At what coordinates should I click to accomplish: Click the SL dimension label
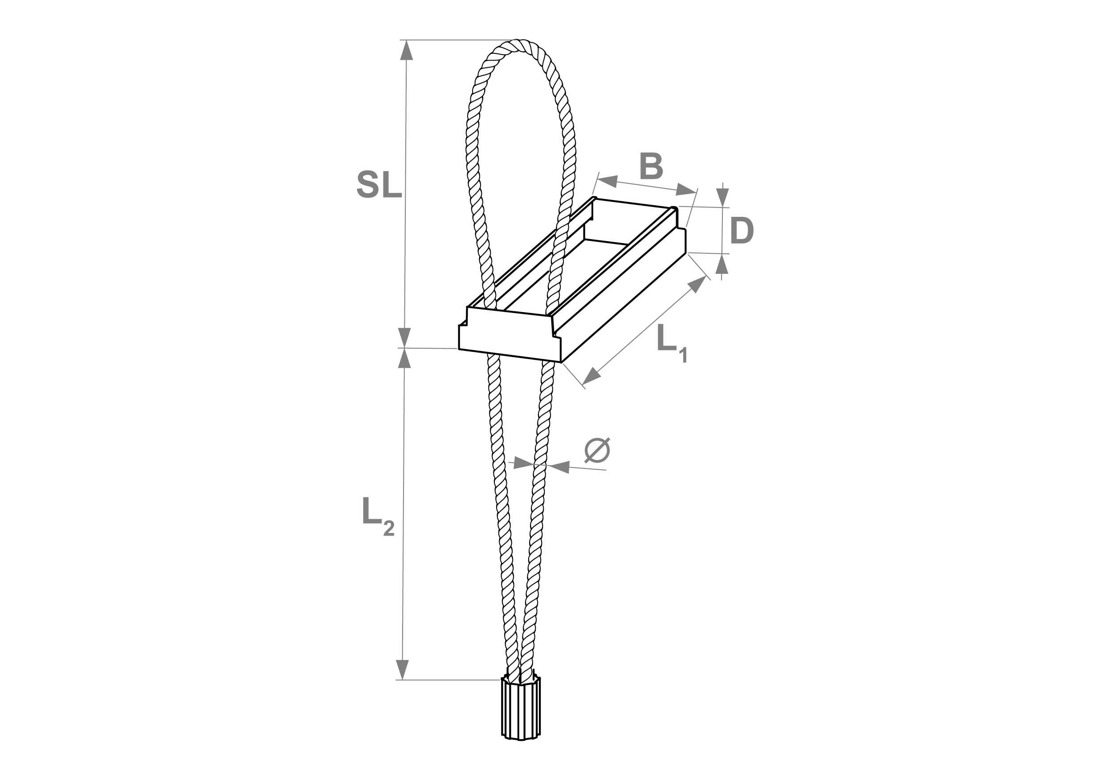point(379,185)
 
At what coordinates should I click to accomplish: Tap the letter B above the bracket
point(651,166)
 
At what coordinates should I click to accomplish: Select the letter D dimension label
point(742,231)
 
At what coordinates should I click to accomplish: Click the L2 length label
point(378,517)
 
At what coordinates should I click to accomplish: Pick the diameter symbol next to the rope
point(597,451)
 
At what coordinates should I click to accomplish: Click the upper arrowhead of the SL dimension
point(407,50)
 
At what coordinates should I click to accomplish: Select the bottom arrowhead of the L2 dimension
point(402,669)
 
